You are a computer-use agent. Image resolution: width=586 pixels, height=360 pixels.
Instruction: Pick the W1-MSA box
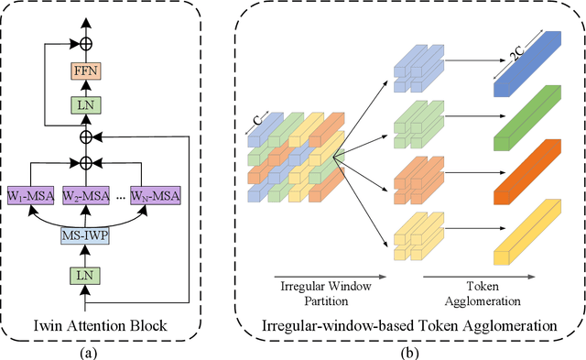[33, 195]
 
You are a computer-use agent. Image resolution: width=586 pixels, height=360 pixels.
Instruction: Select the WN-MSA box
[154, 195]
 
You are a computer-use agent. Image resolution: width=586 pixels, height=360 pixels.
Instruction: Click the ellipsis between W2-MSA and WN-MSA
[119, 195]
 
